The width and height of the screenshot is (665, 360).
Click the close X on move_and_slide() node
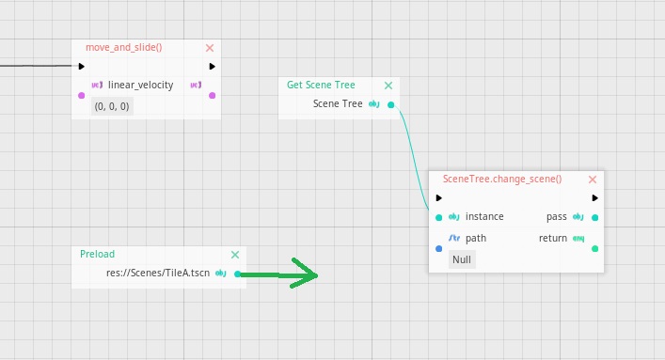click(210, 48)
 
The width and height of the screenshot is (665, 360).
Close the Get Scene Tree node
click(388, 85)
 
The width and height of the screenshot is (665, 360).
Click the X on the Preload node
click(235, 254)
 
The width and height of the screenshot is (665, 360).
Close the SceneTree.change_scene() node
click(593, 179)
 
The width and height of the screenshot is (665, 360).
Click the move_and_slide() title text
click(124, 48)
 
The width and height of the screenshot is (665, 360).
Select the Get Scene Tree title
click(321, 85)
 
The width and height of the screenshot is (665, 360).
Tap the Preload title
click(97, 254)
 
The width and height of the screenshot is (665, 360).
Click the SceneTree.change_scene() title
click(501, 179)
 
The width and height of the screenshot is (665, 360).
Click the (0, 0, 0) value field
click(113, 107)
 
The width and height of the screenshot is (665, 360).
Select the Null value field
click(462, 259)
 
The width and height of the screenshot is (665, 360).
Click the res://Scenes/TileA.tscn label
click(158, 274)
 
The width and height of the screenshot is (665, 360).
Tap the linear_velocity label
click(141, 86)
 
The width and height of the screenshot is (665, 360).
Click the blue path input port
click(439, 249)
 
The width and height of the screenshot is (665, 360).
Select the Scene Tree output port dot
click(391, 105)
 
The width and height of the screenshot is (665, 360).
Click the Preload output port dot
click(237, 274)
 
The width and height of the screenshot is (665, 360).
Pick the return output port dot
click(594, 249)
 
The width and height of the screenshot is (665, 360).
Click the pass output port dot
click(594, 217)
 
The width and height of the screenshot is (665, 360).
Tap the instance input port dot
click(439, 217)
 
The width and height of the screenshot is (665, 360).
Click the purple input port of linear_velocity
click(82, 95)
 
